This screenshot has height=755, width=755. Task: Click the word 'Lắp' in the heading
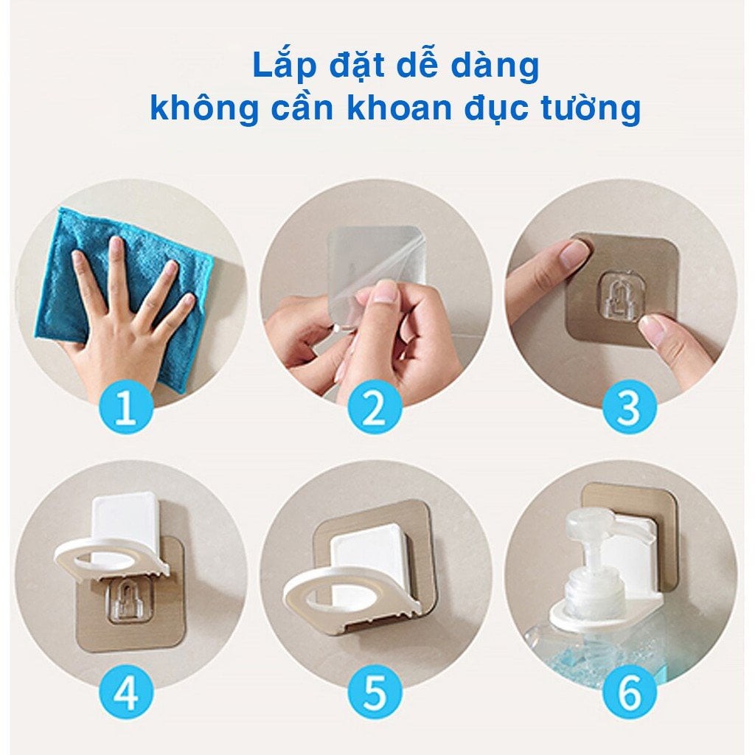[x=284, y=66]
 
